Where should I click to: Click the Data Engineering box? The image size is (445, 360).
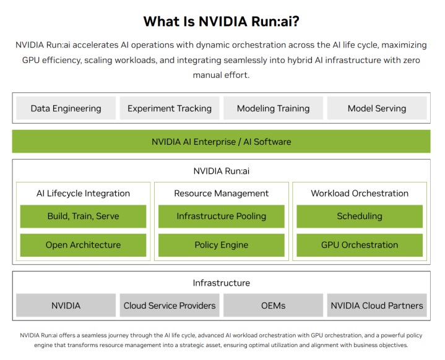(x=66, y=108)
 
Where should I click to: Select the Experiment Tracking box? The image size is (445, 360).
(x=170, y=108)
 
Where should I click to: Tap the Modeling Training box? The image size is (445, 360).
(x=273, y=108)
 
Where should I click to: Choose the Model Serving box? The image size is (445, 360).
(x=377, y=108)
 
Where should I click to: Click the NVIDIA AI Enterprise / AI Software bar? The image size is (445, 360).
(x=221, y=142)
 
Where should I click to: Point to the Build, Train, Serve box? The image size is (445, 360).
(x=83, y=216)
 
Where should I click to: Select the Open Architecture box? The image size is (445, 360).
(x=83, y=245)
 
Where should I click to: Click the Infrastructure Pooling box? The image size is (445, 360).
(x=221, y=216)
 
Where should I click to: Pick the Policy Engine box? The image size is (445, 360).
(x=221, y=245)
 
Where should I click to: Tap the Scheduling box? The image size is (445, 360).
(x=360, y=216)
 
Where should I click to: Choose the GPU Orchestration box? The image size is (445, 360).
(x=360, y=245)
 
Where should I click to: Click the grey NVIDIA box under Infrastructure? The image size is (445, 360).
(x=66, y=306)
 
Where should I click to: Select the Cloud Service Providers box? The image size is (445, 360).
(x=170, y=306)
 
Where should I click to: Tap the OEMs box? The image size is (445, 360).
(x=273, y=306)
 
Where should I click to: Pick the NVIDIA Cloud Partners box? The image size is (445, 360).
(x=377, y=306)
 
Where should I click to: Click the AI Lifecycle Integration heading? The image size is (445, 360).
(x=83, y=194)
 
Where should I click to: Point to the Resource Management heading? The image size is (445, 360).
(x=221, y=194)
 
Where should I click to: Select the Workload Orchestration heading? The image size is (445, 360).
(x=360, y=194)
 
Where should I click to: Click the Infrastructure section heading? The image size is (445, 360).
(x=221, y=283)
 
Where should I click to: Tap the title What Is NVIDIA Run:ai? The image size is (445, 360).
(x=221, y=22)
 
